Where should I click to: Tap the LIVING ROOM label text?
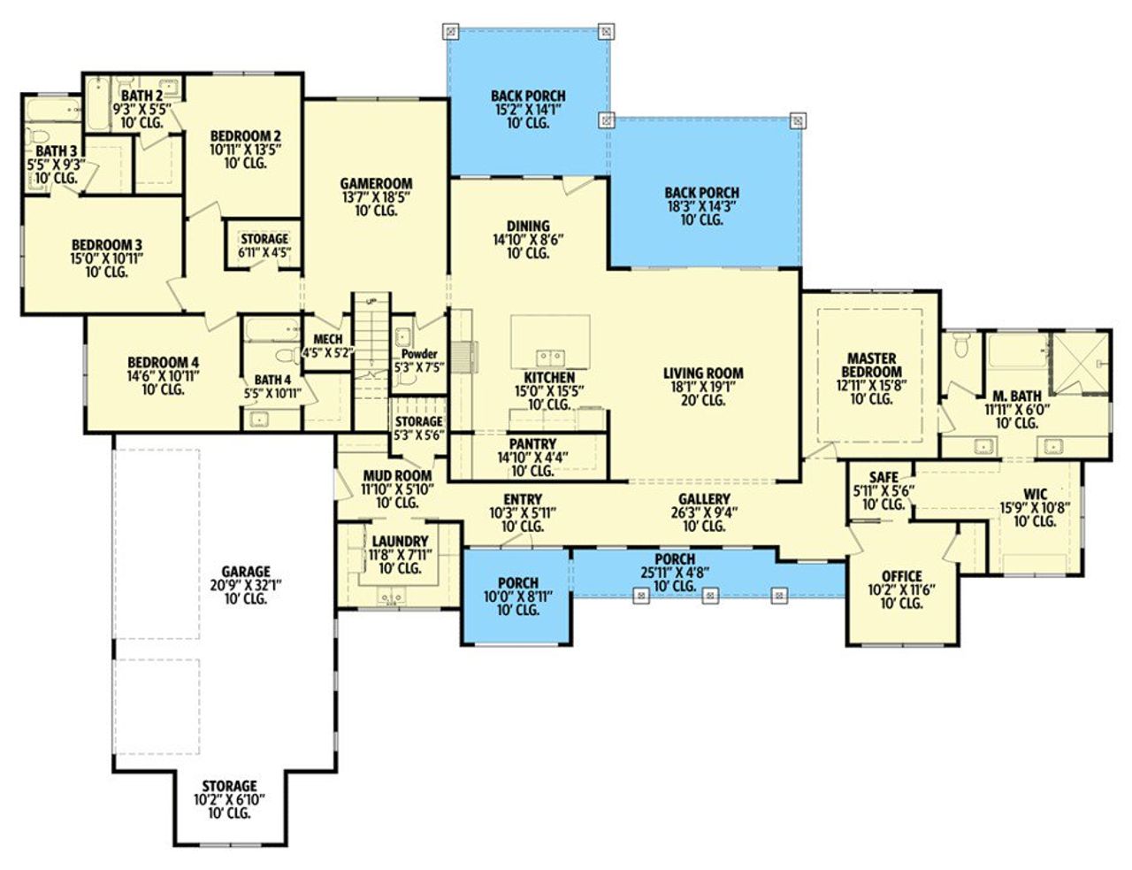pos(703,373)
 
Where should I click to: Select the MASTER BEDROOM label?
pos(871,366)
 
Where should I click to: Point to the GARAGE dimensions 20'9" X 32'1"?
pos(245,585)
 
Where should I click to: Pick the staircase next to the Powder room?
pos(372,336)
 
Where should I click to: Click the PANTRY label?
pos(532,443)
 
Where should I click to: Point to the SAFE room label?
pos(883,478)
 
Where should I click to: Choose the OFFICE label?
pos(901,576)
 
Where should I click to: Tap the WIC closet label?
pos(1035,494)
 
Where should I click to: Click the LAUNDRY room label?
pos(400,541)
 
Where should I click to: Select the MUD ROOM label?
pos(397,475)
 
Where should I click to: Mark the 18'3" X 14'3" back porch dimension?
pos(701,206)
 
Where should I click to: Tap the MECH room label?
pos(327,339)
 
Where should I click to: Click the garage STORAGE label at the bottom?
pos(229,786)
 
